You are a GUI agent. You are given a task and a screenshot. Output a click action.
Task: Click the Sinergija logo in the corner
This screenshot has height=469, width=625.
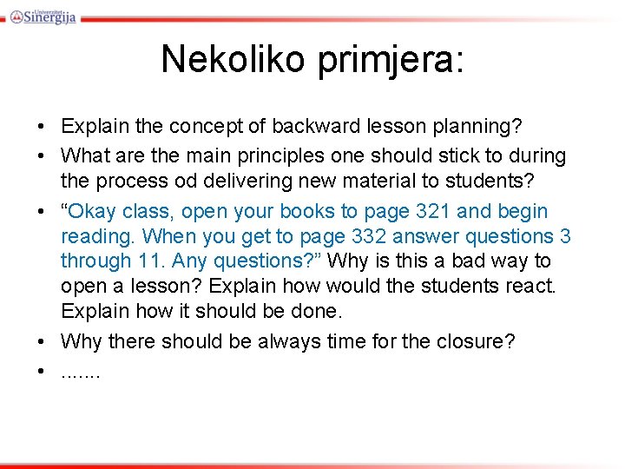coord(42,13)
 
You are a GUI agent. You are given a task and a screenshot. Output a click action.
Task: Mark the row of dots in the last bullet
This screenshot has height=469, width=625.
coord(81,371)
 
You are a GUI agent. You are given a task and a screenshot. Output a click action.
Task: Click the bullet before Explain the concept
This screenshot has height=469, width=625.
coord(42,128)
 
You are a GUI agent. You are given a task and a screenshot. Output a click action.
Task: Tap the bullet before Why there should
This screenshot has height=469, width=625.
coord(42,341)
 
